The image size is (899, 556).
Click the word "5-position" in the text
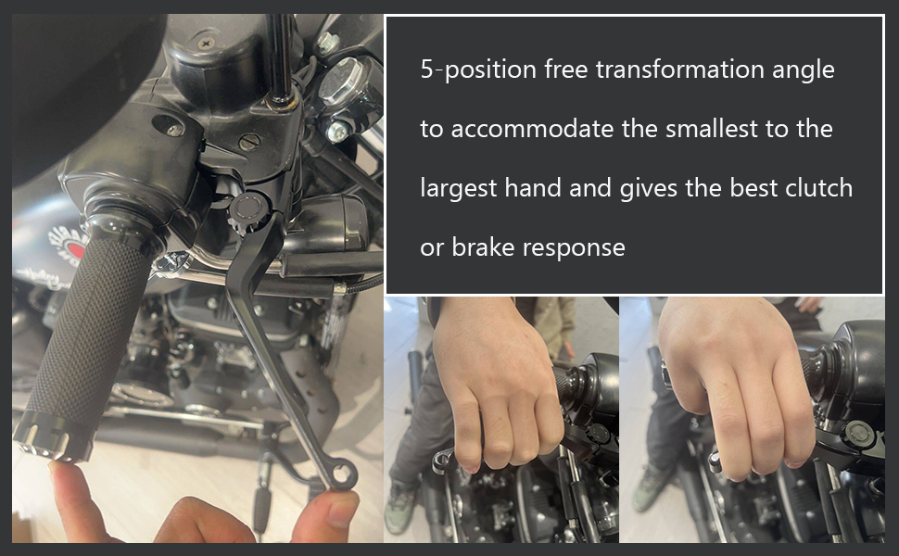pos(478,69)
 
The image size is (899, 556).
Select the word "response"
pos(574,248)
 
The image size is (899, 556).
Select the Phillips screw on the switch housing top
pos(207,43)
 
